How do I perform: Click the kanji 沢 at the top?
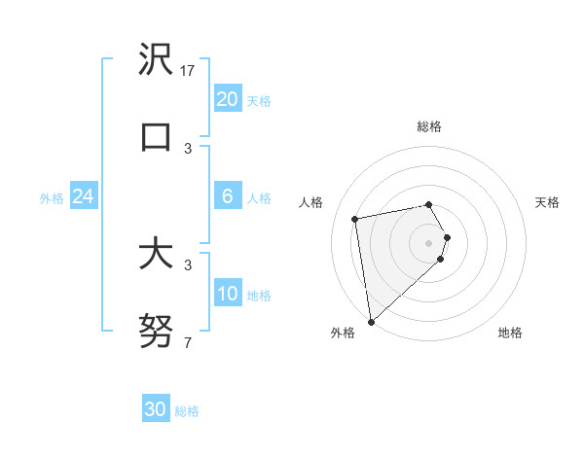click(x=156, y=59)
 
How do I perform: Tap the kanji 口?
click(x=156, y=135)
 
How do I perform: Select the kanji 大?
click(x=156, y=254)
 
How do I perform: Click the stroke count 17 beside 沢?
click(x=189, y=71)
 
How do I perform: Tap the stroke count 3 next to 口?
click(x=188, y=148)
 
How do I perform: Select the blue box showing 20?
click(x=227, y=98)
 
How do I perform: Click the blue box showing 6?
click(x=227, y=195)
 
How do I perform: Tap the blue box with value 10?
click(x=227, y=293)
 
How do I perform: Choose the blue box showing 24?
click(x=83, y=196)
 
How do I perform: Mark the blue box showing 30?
click(x=156, y=409)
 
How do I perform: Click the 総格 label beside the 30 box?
click(x=188, y=411)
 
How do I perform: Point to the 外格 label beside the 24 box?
click(x=52, y=198)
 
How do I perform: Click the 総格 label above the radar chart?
click(x=429, y=126)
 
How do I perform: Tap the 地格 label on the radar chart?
click(x=510, y=333)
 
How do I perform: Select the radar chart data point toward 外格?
click(x=371, y=320)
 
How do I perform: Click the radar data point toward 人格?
click(x=355, y=218)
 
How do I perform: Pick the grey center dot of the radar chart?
click(x=429, y=242)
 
